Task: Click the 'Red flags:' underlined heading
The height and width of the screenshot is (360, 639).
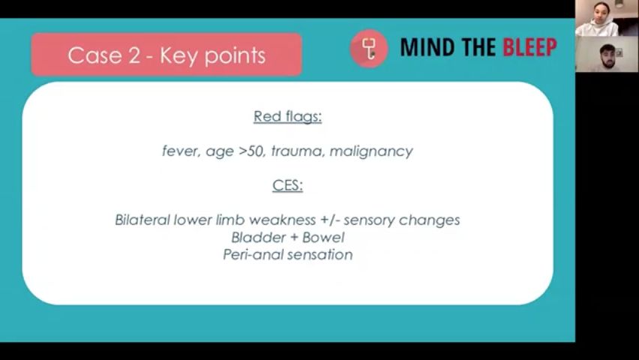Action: [288, 116]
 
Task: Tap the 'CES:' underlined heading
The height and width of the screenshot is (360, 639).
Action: [288, 185]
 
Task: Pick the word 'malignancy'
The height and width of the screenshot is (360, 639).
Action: [371, 151]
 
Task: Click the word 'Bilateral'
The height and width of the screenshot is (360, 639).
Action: [142, 220]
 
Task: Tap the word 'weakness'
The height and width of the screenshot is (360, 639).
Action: [283, 220]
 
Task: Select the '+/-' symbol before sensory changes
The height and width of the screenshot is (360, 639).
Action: [331, 220]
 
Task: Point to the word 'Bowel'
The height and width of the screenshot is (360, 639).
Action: [323, 237]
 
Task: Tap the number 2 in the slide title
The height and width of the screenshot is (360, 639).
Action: [134, 55]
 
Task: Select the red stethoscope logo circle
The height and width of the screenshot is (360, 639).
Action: [369, 48]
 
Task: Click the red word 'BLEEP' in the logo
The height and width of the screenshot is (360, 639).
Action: [529, 47]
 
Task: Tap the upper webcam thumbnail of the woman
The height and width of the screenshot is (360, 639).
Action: [607, 18]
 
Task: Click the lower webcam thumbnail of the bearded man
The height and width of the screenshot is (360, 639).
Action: [607, 54]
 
